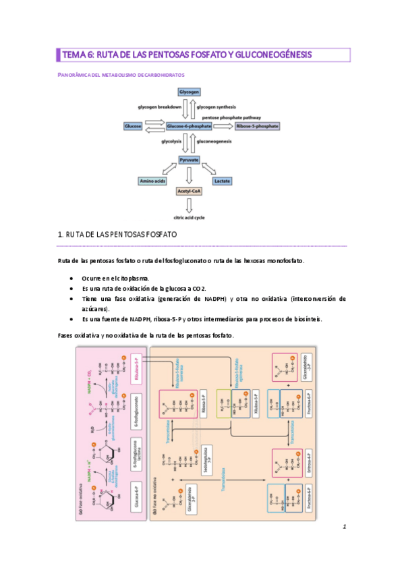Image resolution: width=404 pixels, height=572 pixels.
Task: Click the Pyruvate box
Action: coord(188,160)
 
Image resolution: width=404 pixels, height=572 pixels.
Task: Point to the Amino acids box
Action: coord(152,181)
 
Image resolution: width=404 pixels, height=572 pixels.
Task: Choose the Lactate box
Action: coord(223,181)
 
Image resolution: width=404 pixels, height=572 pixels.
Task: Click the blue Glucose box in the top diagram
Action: coord(133,125)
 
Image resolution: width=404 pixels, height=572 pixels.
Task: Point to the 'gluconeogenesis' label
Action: coord(214,142)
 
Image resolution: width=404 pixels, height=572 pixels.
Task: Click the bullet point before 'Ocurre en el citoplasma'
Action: coord(72,277)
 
